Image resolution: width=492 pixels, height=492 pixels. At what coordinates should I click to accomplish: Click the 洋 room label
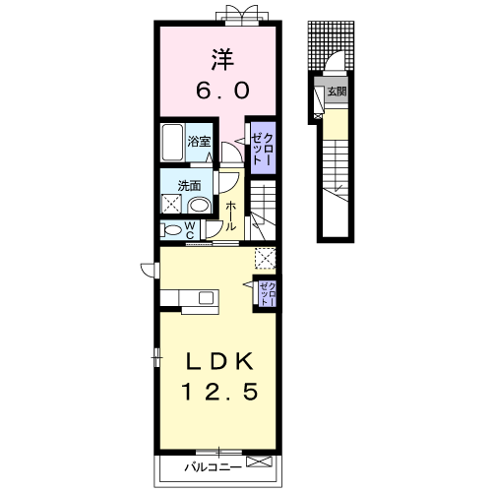coord(222,60)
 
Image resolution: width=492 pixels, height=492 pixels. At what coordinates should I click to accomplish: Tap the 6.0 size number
coord(222,91)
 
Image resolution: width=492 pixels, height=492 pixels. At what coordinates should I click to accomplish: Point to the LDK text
coord(219,361)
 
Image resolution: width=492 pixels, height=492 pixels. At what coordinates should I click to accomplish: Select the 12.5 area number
coord(219,392)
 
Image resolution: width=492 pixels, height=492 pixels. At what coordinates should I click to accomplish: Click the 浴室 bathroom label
coord(199,142)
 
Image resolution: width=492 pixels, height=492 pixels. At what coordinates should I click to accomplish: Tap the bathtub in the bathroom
coord(172,143)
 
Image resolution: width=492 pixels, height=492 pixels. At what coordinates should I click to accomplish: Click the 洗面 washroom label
coord(189,186)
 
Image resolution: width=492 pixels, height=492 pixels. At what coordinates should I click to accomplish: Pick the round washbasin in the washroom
coord(200,206)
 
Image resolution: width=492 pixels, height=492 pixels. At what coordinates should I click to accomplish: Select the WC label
coord(191,229)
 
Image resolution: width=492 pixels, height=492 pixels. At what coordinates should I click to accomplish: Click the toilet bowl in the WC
coord(170,229)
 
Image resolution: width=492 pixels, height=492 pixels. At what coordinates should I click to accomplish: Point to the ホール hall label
coord(231,215)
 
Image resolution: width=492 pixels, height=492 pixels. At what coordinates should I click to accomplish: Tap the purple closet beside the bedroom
coord(263,149)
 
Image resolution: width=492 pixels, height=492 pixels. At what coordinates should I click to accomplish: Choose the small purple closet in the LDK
coord(268,293)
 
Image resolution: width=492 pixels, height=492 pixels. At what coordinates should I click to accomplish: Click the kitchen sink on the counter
coord(207,298)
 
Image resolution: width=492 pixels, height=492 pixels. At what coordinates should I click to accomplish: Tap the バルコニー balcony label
coord(213,466)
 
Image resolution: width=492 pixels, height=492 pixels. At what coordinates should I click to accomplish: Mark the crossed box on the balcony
coord(259,461)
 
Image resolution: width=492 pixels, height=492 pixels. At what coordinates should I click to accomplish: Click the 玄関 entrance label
coord(338,92)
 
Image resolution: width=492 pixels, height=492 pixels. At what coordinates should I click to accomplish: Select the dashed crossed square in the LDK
coord(265,258)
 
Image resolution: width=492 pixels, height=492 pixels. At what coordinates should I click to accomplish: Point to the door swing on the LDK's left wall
coord(149,270)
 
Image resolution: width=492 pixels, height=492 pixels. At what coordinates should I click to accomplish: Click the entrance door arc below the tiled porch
coord(336,61)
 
